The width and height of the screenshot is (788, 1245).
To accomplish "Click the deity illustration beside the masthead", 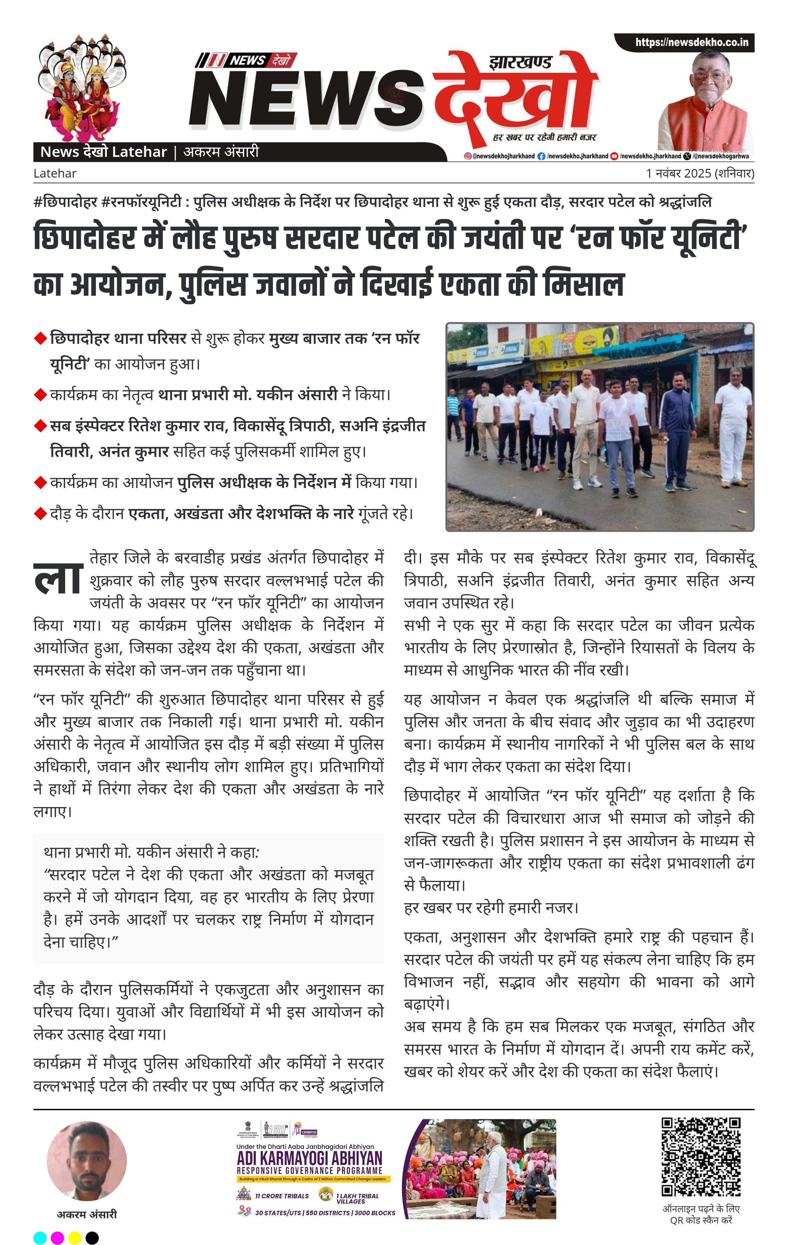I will point(82,87).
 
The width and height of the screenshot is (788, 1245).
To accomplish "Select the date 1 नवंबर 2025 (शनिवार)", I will point(700,173).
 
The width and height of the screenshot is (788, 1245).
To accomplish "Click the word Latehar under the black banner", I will point(55,173).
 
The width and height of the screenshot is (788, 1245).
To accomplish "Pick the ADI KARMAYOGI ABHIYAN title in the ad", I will point(309,1158).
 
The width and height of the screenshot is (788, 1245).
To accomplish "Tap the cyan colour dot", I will point(40,1238).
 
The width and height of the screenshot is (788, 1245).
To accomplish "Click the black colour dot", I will point(92,1238).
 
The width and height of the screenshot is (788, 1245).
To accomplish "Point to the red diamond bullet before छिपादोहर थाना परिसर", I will point(40,339).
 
